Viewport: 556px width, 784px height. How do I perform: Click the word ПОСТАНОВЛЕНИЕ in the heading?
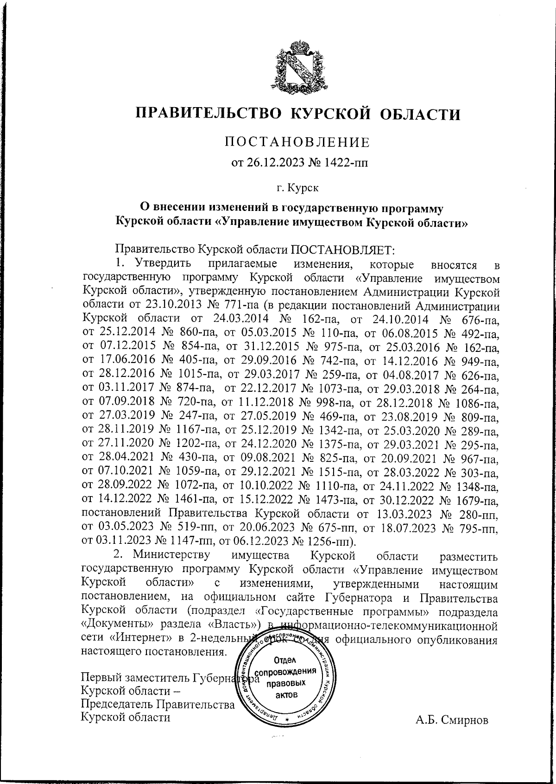297,142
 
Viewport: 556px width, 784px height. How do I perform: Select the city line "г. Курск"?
297,188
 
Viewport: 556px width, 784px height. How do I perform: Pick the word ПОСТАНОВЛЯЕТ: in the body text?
342,250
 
